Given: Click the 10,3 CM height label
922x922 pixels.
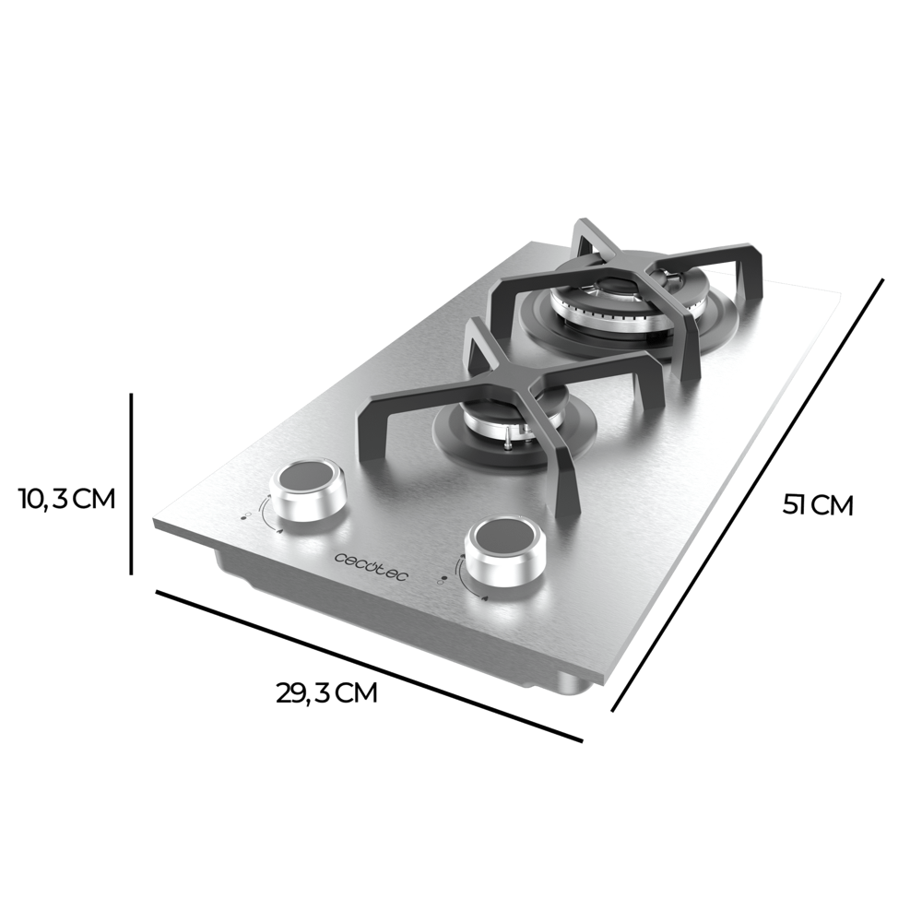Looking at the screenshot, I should (66, 499).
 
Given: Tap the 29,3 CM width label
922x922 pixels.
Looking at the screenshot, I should (326, 692).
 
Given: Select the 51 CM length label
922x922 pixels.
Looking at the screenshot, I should (818, 505).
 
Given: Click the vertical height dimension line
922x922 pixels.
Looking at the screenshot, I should (132, 484).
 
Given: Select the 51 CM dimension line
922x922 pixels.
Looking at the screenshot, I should (749, 494).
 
